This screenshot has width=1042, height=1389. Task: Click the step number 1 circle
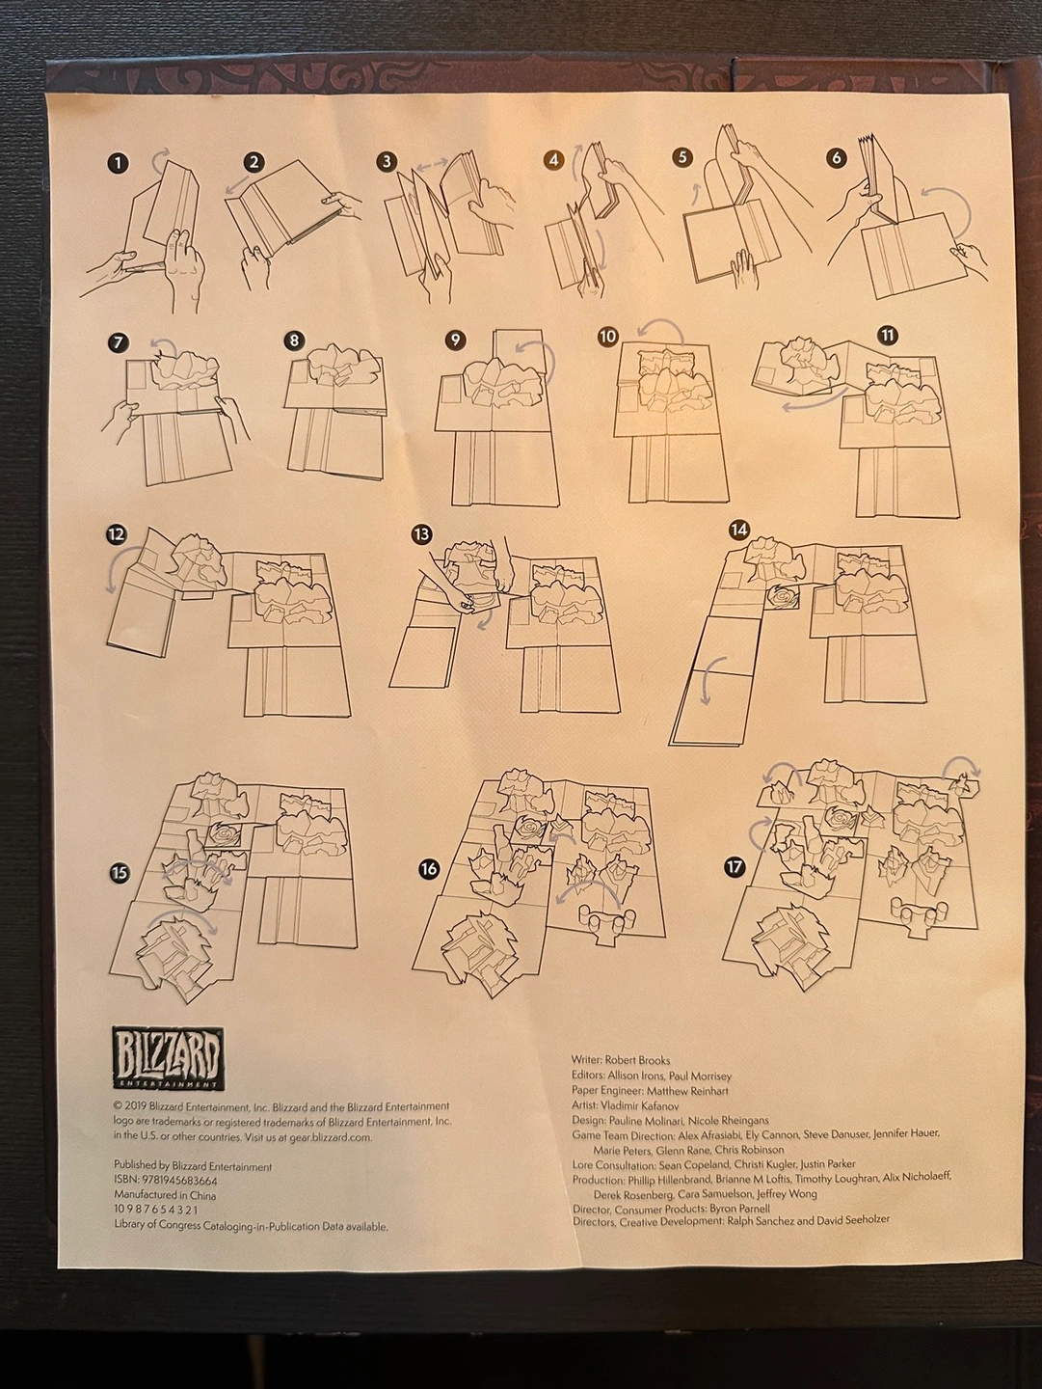pos(119,165)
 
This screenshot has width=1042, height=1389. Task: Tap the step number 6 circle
pos(837,157)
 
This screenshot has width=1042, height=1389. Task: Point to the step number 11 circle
pos(889,336)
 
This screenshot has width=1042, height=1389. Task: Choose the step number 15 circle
pos(119,874)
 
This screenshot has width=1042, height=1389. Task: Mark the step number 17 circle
pos(735,867)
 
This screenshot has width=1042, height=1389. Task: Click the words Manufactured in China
pos(165,1195)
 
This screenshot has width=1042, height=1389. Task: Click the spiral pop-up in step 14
pos(784,597)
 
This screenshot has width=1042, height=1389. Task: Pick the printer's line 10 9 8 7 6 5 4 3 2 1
pos(156,1211)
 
